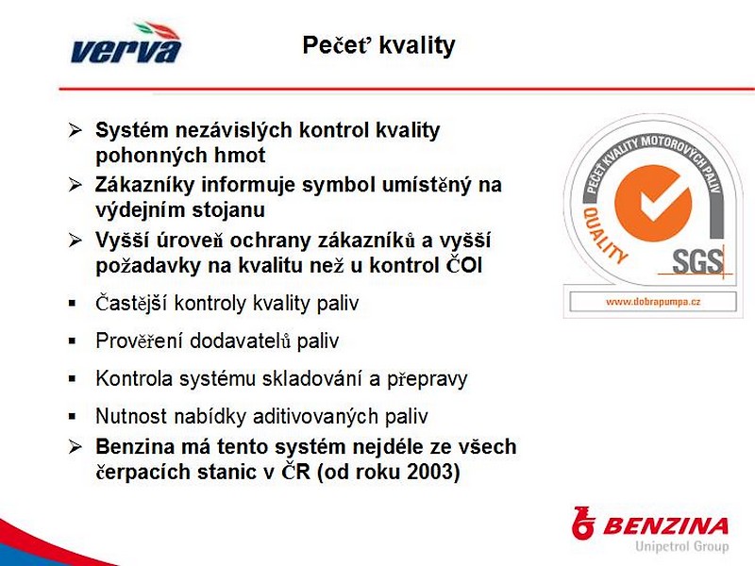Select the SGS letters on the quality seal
pyautogui.click(x=697, y=262)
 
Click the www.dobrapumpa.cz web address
pyautogui.click(x=653, y=302)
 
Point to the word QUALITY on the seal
pyautogui.click(x=604, y=235)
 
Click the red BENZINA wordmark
pyautogui.click(x=666, y=526)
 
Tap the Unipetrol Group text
pyautogui.click(x=681, y=546)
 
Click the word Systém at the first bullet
pyautogui.click(x=132, y=131)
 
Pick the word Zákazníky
pyautogui.click(x=144, y=185)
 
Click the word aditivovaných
pyautogui.click(x=316, y=417)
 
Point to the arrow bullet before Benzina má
pyautogui.click(x=75, y=447)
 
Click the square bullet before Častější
pyautogui.click(x=73, y=304)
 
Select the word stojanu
pyautogui.click(x=228, y=210)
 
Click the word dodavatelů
pyautogui.click(x=241, y=341)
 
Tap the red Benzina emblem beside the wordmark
pyautogui.click(x=582, y=524)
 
